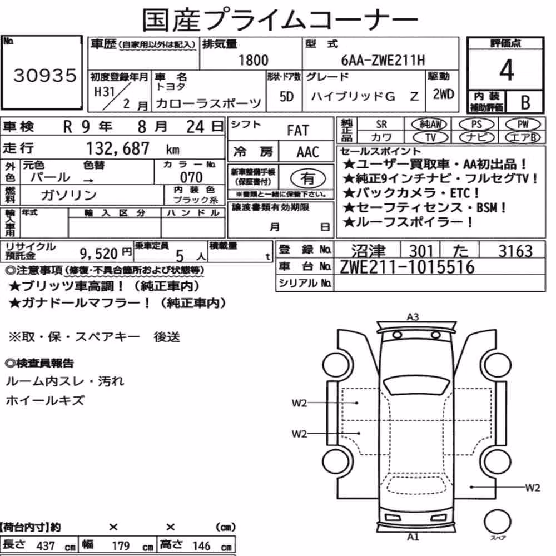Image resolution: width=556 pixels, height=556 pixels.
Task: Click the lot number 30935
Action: pos(44,75)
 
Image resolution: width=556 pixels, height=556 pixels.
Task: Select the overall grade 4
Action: pos(507,70)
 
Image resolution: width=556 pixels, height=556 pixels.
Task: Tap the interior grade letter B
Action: pos(525,102)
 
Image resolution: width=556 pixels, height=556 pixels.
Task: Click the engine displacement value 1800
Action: pos(253,60)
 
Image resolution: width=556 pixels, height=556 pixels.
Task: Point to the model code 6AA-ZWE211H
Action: pos(383,60)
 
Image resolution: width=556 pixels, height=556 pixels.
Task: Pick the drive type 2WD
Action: pos(443,95)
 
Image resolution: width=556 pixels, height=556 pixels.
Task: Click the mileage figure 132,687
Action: pos(118,148)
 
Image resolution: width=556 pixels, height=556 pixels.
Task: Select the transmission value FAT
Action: pos(298,131)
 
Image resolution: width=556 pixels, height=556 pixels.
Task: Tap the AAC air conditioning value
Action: pos(308,152)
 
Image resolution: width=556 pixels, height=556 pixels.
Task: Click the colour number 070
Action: pos(191,177)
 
